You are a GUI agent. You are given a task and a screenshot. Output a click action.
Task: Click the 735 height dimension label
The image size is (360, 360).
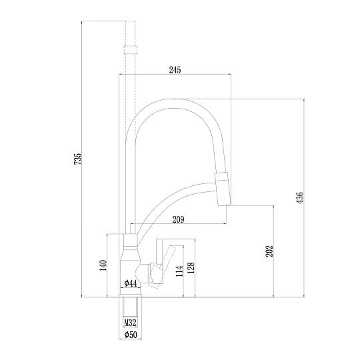(77, 159)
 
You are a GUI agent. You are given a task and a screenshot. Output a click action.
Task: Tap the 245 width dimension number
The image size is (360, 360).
(175, 70)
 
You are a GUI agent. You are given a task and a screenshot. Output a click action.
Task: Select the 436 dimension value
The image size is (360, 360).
(300, 197)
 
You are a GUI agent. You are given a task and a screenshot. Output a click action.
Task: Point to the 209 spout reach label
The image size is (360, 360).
(178, 219)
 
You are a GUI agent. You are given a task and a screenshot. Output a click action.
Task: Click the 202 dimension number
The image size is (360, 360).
(269, 251)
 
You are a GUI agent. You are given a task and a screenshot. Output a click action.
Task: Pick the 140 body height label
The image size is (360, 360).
(103, 265)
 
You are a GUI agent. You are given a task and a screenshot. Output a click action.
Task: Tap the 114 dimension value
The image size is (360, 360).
(179, 271)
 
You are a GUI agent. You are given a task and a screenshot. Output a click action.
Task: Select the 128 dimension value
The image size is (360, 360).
(191, 268)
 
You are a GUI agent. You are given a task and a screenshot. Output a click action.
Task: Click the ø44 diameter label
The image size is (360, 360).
(131, 283)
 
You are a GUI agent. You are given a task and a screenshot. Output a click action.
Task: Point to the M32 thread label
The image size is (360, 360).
(131, 323)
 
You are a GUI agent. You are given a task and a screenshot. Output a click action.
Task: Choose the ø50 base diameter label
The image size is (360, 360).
(131, 335)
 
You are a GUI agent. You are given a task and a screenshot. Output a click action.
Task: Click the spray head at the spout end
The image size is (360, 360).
(223, 189)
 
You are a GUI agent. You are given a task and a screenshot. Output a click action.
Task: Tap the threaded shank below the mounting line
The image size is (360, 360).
(131, 307)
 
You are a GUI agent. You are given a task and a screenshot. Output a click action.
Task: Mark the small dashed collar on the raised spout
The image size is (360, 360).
(131, 50)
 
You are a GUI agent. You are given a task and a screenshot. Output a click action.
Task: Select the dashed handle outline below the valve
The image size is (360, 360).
(155, 285)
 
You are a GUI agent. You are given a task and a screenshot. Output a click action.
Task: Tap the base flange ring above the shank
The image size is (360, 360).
(130, 296)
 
